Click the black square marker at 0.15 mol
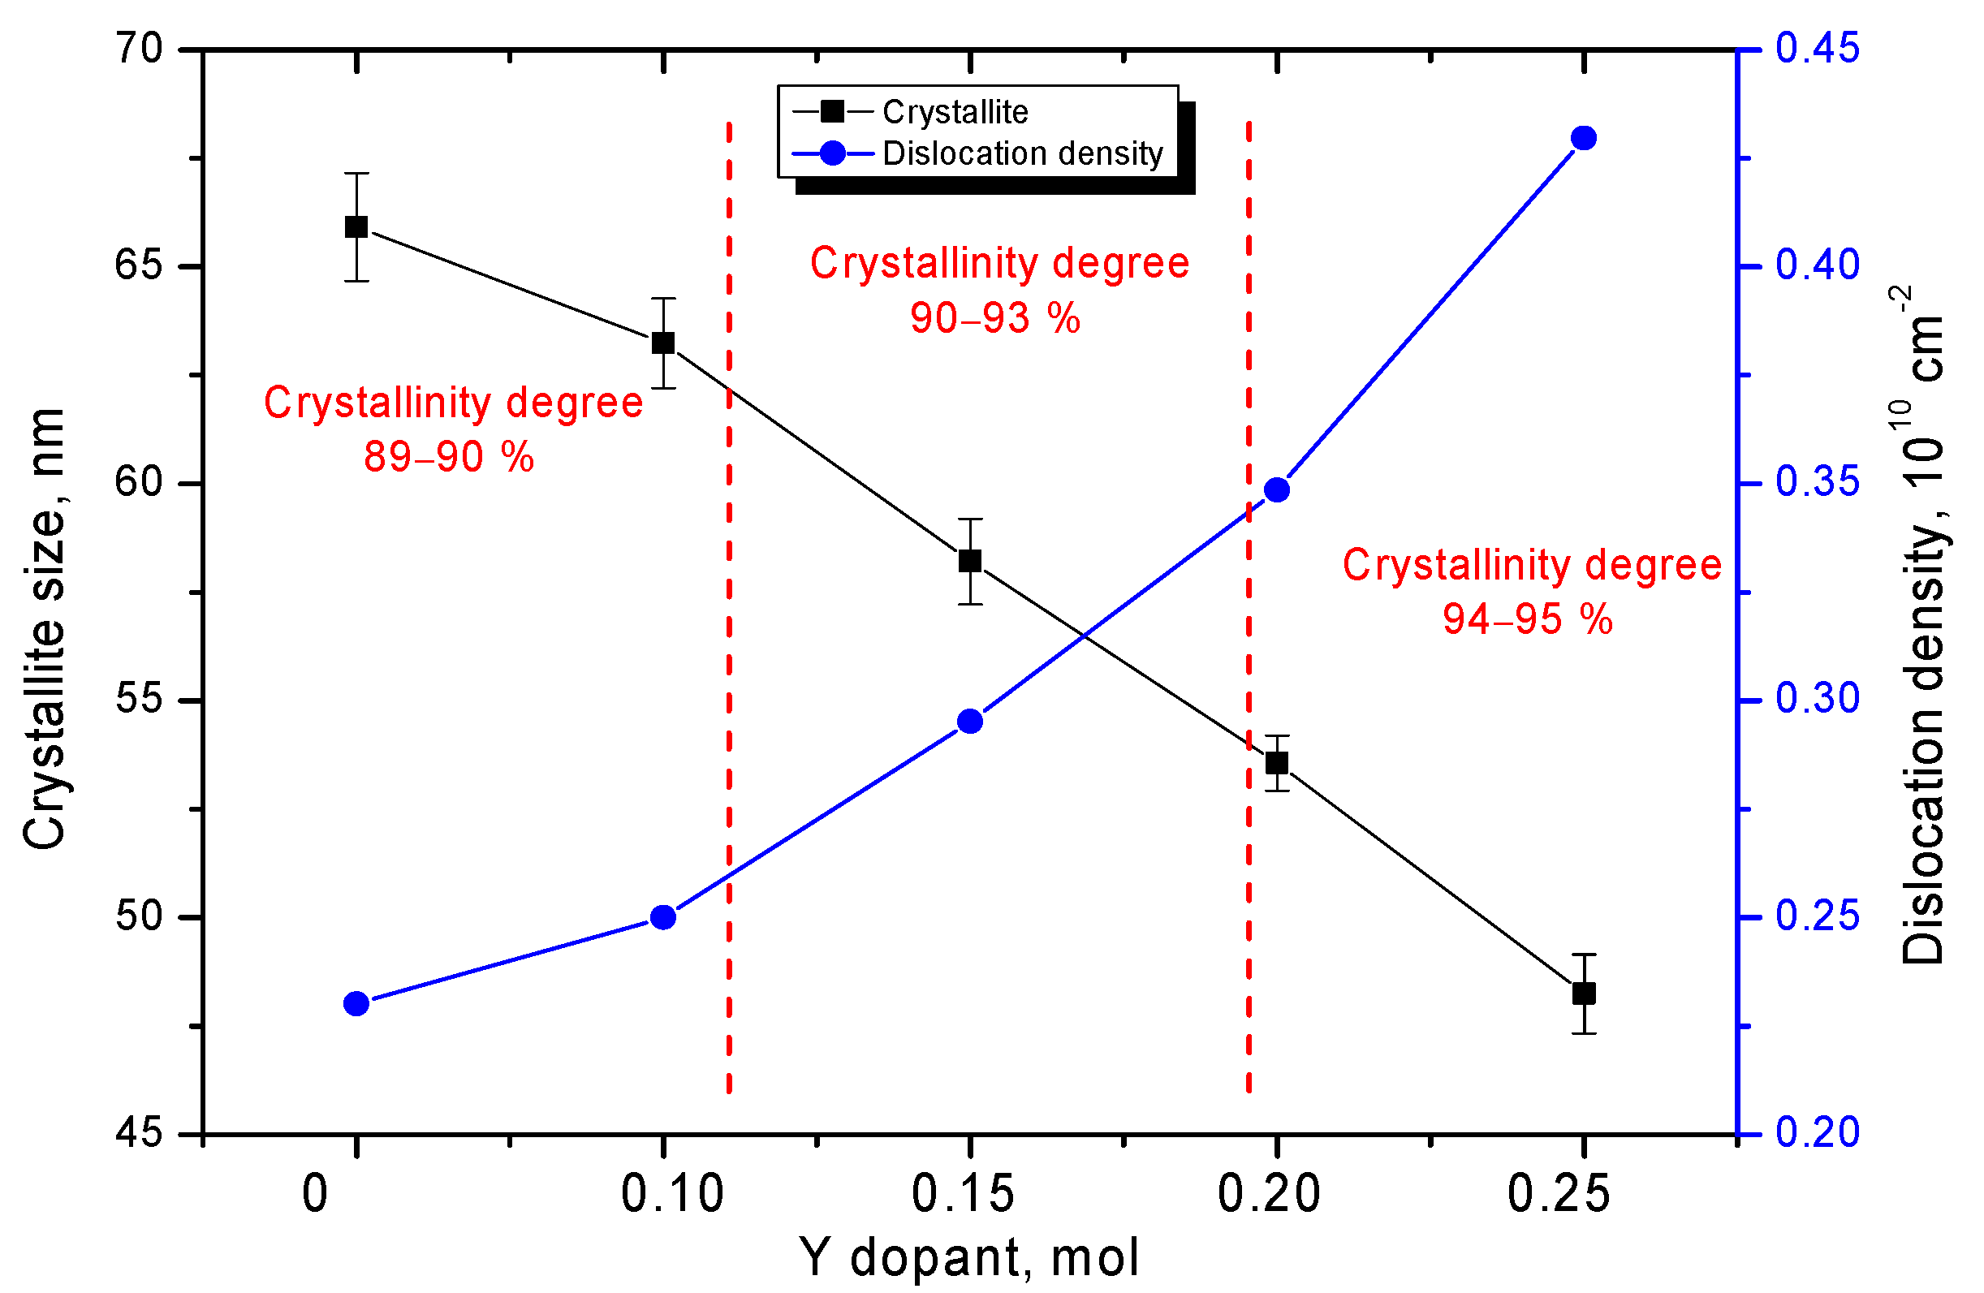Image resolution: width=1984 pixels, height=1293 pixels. [x=969, y=561]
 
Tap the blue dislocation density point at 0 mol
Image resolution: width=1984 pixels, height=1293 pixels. [x=356, y=1004]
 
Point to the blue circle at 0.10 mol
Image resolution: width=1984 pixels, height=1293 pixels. [x=662, y=918]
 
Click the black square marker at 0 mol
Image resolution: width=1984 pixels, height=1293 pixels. [x=356, y=226]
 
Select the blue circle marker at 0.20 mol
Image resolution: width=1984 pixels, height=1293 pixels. [x=1276, y=489]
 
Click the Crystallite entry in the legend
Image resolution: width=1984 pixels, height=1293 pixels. [x=955, y=112]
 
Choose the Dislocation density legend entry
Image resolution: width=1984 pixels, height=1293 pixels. [x=1022, y=153]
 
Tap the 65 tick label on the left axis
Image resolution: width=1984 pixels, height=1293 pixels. [x=137, y=266]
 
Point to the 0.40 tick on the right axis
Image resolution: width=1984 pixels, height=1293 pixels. [x=1817, y=265]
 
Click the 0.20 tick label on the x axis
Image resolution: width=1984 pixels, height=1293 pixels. [x=1269, y=1194]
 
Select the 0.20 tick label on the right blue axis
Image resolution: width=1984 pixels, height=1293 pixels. [x=1817, y=1132]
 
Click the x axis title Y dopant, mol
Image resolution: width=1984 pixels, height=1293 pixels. [x=968, y=1257]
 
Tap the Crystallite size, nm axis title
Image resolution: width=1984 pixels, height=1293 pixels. [x=43, y=628]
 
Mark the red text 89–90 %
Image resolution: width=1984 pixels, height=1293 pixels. [x=448, y=457]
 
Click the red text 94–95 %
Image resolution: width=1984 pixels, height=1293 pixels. [x=1527, y=619]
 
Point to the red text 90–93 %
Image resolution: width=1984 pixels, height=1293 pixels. [x=994, y=318]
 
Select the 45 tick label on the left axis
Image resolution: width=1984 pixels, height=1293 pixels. [x=137, y=1133]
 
